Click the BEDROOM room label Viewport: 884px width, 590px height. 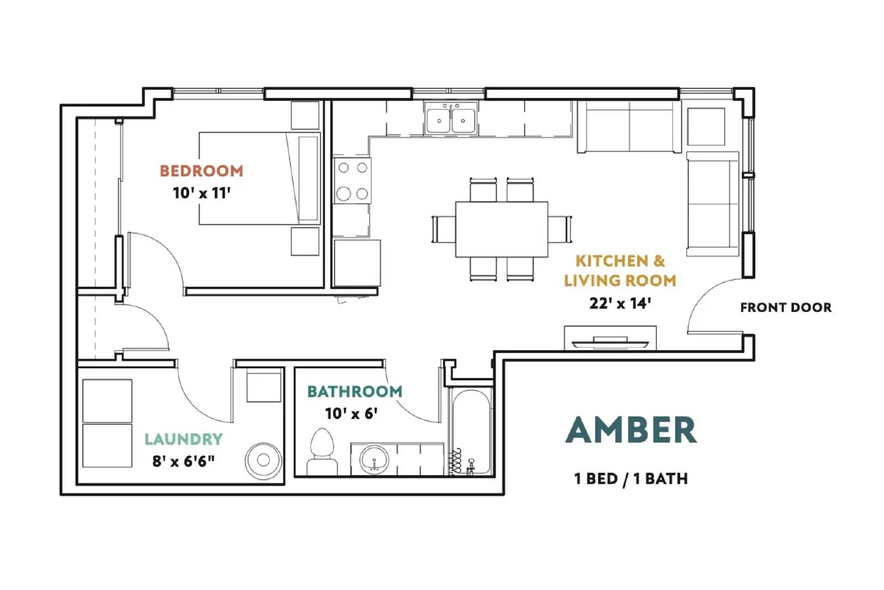[x=201, y=171]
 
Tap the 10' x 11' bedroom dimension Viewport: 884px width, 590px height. [x=201, y=193]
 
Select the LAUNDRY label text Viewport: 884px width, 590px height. [x=183, y=439]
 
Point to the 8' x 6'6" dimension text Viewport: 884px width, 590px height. [x=183, y=461]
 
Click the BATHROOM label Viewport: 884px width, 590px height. [x=355, y=391]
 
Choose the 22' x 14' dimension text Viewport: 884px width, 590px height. [x=620, y=303]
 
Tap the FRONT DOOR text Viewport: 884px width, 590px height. [x=785, y=307]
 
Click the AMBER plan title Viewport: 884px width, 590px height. [x=631, y=430]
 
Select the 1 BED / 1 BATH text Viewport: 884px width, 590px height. [x=631, y=478]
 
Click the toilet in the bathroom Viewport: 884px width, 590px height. [x=322, y=451]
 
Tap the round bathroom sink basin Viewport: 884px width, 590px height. [x=374, y=460]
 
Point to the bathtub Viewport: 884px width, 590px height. [x=471, y=431]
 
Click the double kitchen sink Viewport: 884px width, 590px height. [x=451, y=119]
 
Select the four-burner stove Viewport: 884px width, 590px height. [x=352, y=180]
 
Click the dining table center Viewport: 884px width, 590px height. [x=501, y=229]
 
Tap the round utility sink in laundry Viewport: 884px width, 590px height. [x=264, y=460]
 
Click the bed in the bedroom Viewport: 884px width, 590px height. [x=259, y=178]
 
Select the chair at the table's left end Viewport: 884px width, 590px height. [x=443, y=229]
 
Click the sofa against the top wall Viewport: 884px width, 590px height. [x=629, y=127]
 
